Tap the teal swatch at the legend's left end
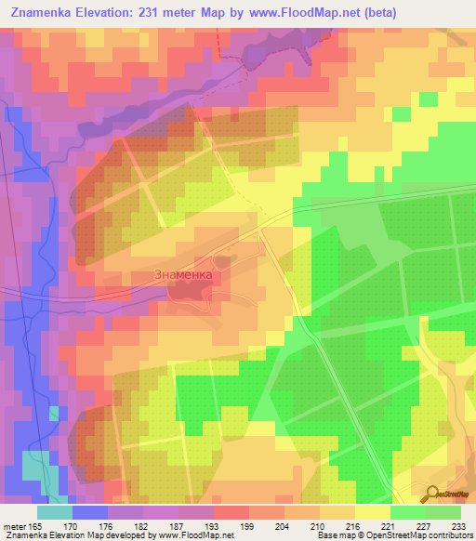(x=55, y=512)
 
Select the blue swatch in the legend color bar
(x=90, y=512)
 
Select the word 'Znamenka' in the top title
(x=47, y=13)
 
